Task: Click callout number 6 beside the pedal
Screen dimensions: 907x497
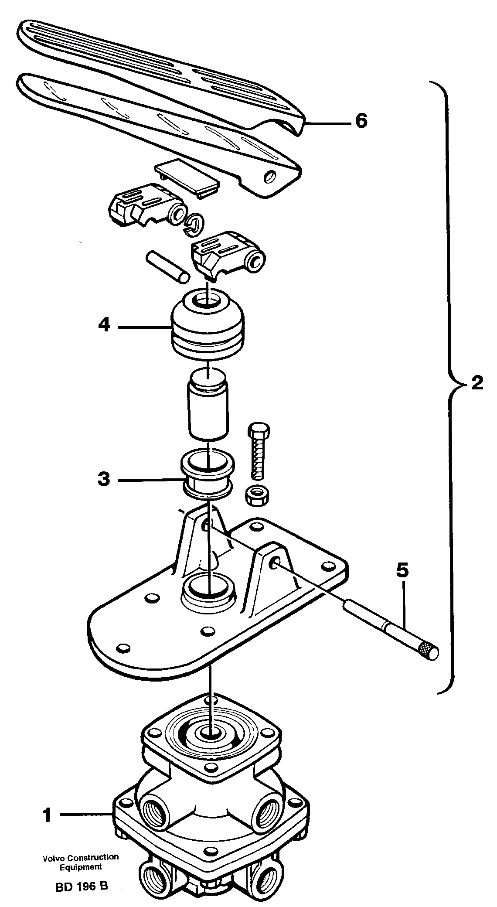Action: pos(361,121)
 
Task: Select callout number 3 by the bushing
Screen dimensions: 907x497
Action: pos(104,480)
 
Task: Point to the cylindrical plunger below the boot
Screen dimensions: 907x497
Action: pos(208,401)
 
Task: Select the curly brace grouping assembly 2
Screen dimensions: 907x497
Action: pos(449,384)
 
